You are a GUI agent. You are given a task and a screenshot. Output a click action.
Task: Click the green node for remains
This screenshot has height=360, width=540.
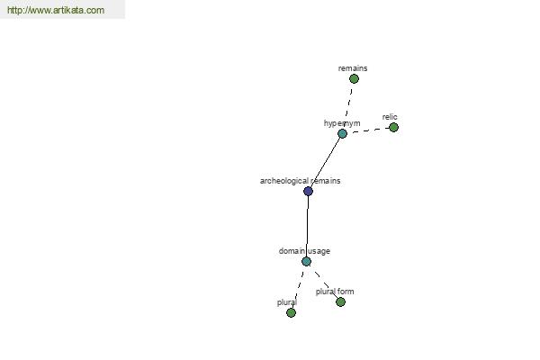(x=354, y=79)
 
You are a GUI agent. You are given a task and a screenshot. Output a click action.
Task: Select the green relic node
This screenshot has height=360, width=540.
(x=393, y=128)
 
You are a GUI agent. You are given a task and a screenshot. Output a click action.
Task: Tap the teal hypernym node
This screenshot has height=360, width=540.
(x=342, y=134)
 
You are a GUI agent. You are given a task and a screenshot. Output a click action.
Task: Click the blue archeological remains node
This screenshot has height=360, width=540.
(x=308, y=191)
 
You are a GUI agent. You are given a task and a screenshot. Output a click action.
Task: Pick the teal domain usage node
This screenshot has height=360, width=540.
(x=307, y=262)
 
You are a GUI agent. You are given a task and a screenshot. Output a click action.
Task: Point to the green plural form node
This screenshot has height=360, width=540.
(x=340, y=302)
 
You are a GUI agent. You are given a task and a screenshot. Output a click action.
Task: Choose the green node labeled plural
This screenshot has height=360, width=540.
(x=291, y=313)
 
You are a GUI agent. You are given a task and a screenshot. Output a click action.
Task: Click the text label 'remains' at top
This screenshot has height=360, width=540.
(x=353, y=68)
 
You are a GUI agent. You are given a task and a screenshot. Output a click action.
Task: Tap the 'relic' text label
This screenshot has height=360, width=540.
(x=390, y=117)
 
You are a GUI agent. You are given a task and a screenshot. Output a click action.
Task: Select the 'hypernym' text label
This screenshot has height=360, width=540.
(x=342, y=123)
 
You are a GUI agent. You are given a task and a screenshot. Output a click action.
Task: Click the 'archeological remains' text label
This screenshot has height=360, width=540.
(x=300, y=181)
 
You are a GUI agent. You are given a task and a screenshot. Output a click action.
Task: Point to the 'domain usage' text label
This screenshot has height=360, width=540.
(x=304, y=251)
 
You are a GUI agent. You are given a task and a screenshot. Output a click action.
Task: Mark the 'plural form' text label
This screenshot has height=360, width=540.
(x=335, y=292)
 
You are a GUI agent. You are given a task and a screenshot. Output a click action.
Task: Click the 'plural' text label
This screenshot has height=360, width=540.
(x=287, y=302)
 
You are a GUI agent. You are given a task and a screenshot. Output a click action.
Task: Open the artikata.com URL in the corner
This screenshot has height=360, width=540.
(x=56, y=10)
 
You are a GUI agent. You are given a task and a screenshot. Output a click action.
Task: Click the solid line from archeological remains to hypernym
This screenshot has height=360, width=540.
(x=325, y=163)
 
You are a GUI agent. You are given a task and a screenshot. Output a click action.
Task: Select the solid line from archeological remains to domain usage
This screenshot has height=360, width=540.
(x=307, y=226)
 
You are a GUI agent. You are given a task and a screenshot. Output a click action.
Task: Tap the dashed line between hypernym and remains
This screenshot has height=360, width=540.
(x=348, y=106)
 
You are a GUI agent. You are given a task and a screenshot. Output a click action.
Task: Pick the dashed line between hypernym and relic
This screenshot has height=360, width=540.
(x=370, y=130)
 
